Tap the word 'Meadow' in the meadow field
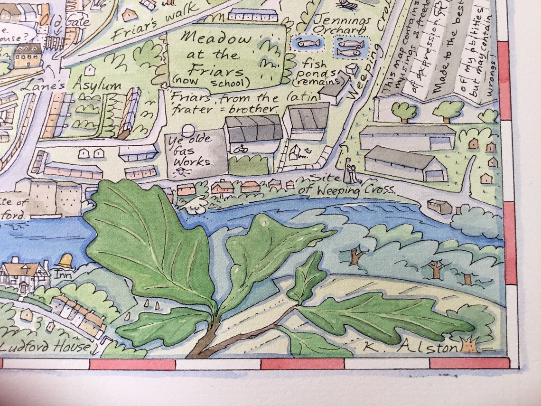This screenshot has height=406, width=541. coord(217,38)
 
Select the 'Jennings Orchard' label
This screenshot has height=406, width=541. coord(342,26)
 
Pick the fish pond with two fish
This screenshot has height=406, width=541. coord(350,47)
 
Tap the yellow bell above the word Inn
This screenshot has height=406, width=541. coord(65,261)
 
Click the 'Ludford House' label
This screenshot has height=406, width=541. coord(45,347)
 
